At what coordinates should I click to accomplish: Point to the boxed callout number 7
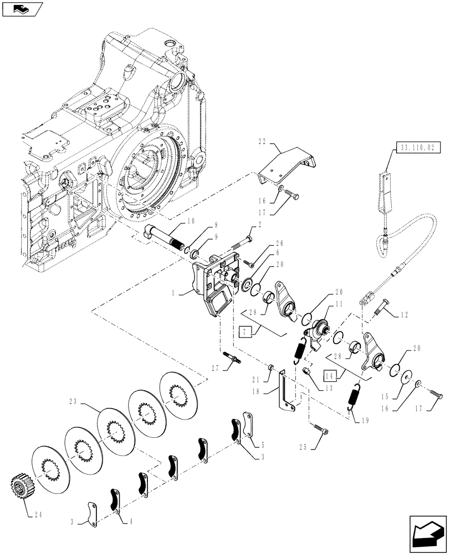point(244,334)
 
